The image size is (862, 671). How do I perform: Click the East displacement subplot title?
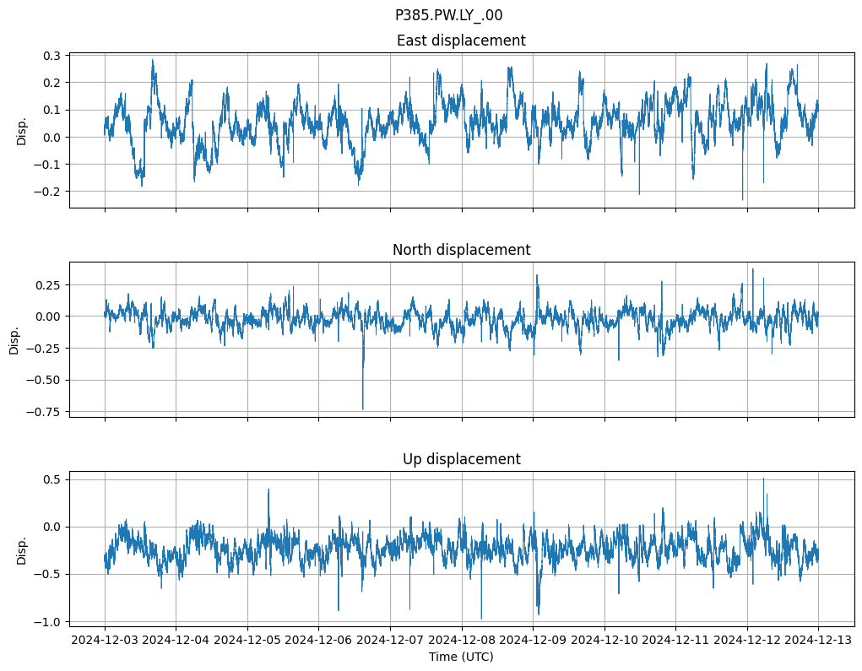[x=461, y=41]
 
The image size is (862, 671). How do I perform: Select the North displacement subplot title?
[x=461, y=250]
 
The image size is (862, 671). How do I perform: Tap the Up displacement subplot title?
[x=461, y=459]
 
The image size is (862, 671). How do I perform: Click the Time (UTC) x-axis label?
[x=461, y=657]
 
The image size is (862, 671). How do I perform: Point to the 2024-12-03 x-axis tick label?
[x=105, y=641]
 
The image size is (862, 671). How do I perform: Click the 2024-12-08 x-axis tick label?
[x=462, y=641]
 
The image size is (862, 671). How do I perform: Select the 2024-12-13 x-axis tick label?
[x=818, y=641]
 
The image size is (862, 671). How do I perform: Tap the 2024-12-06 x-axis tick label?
[x=319, y=641]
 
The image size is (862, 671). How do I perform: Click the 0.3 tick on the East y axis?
[x=51, y=56]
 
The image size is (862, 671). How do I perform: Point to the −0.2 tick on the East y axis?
[x=47, y=192]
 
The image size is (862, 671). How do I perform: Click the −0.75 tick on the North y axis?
[x=44, y=412]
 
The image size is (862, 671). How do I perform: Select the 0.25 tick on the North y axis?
[x=47, y=284]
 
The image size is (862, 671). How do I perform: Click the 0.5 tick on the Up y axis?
[x=51, y=479]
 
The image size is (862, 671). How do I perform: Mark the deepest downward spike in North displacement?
[x=363, y=409]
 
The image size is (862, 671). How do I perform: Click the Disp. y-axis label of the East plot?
[x=22, y=131]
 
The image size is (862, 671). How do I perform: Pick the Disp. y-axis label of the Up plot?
[x=22, y=549]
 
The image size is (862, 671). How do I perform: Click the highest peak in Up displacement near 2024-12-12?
[x=763, y=479]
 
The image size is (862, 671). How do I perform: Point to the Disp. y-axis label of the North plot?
[x=14, y=340]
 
